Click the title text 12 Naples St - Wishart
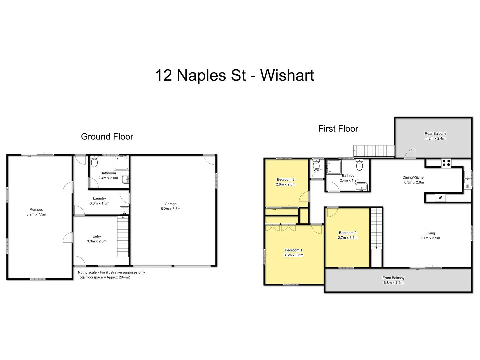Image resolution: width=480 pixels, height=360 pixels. (234, 75)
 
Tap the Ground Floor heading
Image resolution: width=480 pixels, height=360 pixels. (107, 137)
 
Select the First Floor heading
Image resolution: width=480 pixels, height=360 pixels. (338, 129)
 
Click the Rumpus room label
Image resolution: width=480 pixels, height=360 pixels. (36, 209)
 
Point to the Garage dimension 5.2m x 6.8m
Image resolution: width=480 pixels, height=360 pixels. (170, 209)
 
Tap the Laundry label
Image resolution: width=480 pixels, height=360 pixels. (99, 198)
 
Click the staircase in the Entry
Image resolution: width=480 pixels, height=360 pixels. (123, 236)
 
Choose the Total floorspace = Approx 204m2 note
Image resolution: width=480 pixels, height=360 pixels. (104, 277)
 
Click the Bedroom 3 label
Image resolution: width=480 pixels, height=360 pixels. (285, 179)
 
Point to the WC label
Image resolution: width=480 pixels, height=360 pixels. (316, 170)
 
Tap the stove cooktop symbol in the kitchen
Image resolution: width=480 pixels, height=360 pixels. (446, 163)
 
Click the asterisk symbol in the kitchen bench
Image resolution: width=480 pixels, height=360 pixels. (440, 198)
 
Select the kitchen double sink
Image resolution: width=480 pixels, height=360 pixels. (468, 179)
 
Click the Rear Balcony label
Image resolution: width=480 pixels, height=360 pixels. (435, 133)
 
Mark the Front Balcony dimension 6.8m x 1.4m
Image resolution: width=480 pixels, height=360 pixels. (393, 283)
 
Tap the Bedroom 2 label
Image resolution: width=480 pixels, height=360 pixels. (348, 233)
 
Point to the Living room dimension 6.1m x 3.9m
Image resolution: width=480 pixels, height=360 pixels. (430, 238)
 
